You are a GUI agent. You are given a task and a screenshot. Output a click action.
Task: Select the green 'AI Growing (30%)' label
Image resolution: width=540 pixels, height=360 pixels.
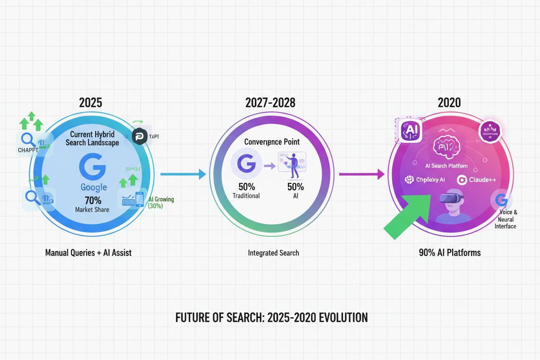click(161, 202)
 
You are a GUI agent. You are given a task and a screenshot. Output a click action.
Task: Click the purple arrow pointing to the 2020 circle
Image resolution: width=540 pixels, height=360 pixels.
click(362, 174)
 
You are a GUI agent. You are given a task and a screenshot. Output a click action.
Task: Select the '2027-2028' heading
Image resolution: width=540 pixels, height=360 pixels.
click(271, 103)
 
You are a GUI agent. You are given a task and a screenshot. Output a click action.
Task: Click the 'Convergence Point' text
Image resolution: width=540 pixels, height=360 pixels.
click(272, 141)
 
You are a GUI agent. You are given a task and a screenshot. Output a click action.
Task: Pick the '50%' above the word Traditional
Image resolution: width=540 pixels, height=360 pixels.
click(246, 187)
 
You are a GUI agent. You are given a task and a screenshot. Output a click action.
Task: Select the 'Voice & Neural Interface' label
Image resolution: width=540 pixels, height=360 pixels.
click(505, 219)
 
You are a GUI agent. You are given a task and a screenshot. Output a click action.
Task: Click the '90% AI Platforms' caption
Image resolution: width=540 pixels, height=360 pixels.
click(450, 253)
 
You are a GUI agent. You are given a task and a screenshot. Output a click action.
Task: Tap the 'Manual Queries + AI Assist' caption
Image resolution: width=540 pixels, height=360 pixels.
click(88, 253)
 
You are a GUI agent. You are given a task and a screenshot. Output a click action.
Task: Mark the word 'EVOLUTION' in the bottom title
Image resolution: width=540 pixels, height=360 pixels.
click(343, 318)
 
